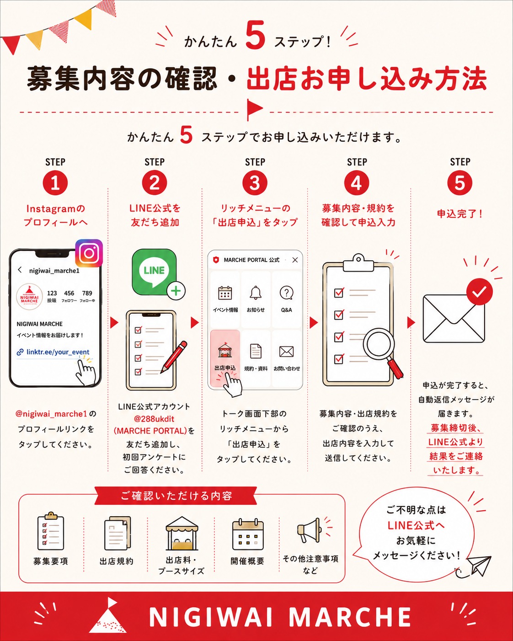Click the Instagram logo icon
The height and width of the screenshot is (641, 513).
pos(89,253)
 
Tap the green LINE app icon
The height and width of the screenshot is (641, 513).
pos(154,272)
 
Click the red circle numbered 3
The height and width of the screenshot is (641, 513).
pos(255,182)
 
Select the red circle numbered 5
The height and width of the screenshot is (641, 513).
pos(460,182)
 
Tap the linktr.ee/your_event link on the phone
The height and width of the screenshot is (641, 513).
pos(58,352)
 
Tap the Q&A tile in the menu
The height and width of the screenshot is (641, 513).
pos(287,299)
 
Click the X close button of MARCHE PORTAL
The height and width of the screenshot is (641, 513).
pos(295,260)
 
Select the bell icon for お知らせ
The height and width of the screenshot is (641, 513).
pos(256,293)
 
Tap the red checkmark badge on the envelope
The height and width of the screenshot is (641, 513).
pos(479,292)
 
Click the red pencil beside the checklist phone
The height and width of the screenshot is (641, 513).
pos(174,357)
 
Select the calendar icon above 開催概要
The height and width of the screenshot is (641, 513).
pos(248,534)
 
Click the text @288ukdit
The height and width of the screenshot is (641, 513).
pos(154,419)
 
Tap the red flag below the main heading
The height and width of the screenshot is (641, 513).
pos(254,110)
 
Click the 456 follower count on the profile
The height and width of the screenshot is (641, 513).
pos(69,293)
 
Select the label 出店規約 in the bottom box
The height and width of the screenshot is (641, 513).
pos(116,561)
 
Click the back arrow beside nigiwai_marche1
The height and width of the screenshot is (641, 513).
pos(20,270)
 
